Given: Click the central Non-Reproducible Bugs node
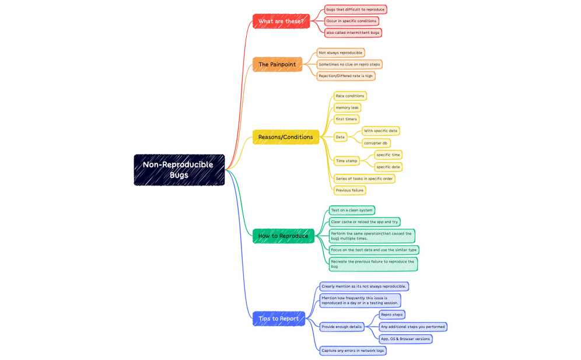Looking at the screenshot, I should click(x=179, y=170).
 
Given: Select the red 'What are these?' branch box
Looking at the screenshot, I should click(x=281, y=22).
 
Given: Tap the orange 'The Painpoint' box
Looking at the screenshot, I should click(x=277, y=64).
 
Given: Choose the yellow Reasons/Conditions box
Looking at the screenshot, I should click(x=286, y=137).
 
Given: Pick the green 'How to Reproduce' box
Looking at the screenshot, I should click(x=283, y=236).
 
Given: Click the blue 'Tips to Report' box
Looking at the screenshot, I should click(x=279, y=319).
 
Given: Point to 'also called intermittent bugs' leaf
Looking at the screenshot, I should click(x=353, y=33).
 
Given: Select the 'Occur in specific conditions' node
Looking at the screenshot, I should click(x=352, y=21).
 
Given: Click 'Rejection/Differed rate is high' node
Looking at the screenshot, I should click(x=345, y=76).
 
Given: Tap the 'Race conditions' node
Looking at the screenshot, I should click(x=350, y=96).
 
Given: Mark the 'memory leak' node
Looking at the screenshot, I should click(x=347, y=107).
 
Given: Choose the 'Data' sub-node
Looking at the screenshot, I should click(x=340, y=137).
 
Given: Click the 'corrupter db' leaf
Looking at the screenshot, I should click(x=376, y=143).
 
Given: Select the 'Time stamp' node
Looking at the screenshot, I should click(x=346, y=160).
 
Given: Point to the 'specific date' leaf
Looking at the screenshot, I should click(x=388, y=167).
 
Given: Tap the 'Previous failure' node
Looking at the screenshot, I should click(x=350, y=190).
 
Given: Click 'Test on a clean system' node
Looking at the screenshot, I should click(x=351, y=210).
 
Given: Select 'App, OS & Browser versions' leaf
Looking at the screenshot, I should click(x=405, y=339).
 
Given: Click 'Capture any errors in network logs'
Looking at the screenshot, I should click(x=352, y=351).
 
